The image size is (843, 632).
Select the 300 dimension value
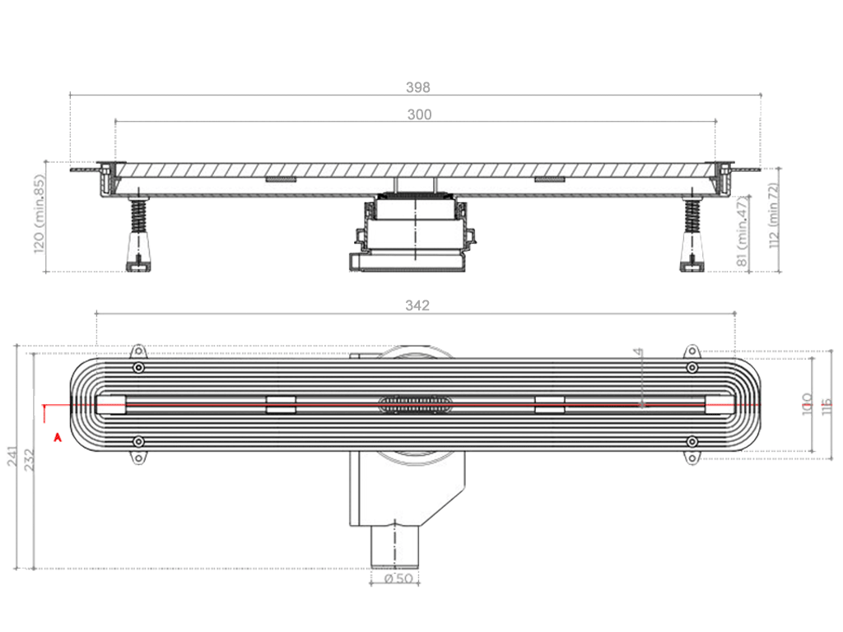(x=419, y=115)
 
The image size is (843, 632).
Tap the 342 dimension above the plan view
(x=417, y=306)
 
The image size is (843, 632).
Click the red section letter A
(x=57, y=438)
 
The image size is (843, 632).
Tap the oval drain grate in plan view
(x=415, y=404)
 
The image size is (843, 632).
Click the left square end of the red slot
(x=111, y=404)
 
